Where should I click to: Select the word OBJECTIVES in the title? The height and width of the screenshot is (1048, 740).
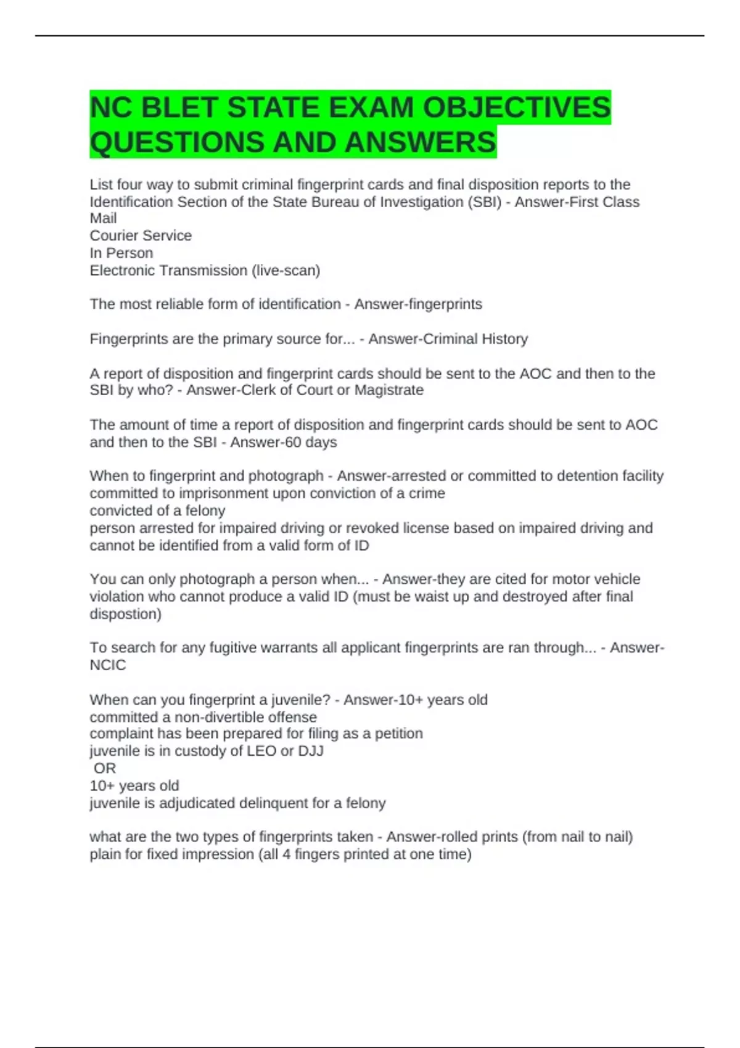coord(516,108)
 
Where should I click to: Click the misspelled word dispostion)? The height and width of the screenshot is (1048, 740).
coord(125,614)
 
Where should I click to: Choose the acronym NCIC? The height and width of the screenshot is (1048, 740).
coord(107,665)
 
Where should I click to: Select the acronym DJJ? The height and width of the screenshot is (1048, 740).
coord(310,751)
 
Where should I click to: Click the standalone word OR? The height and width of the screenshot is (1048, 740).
coord(105,769)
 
